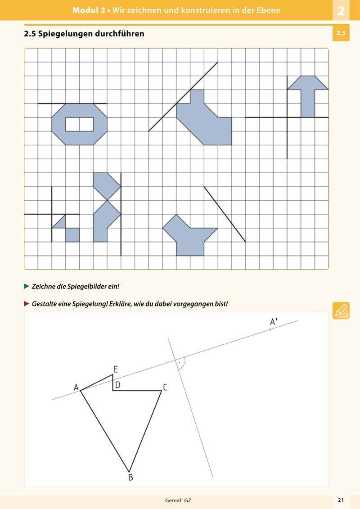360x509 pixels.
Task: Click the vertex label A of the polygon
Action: point(76,387)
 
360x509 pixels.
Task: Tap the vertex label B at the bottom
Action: point(130,477)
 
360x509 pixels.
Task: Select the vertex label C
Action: point(165,387)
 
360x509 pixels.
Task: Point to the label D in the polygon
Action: point(117,385)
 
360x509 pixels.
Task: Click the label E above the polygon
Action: point(116,369)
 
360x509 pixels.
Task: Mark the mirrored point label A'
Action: point(273,322)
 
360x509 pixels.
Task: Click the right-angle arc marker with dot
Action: point(180,363)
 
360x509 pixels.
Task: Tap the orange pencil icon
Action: point(341,311)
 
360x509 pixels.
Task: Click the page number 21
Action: point(341,500)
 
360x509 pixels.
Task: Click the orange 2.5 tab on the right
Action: point(341,33)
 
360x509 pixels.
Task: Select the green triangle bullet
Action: point(26,286)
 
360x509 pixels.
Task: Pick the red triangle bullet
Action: point(26,304)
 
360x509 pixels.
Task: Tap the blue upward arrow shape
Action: point(308,97)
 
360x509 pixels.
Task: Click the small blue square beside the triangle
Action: point(72,235)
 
